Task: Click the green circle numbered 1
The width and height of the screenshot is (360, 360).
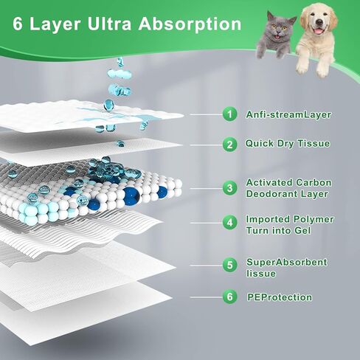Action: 229,114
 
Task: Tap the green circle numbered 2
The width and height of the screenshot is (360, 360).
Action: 229,145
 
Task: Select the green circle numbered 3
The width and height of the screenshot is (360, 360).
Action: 229,188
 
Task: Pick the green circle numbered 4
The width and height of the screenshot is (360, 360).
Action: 229,223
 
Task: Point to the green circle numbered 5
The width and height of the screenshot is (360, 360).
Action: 229,265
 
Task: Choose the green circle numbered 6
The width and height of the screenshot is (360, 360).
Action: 229,297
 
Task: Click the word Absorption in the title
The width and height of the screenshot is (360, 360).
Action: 190,25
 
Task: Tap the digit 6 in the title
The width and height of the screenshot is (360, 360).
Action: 18,24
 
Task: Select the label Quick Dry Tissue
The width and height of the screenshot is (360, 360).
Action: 288,144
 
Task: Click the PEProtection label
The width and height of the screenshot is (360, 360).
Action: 280,297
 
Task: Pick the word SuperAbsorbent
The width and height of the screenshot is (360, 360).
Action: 287,263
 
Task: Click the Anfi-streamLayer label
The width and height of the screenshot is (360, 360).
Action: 288,115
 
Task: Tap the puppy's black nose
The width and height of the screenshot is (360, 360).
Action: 319,22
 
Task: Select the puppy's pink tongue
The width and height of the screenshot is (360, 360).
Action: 318,31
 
